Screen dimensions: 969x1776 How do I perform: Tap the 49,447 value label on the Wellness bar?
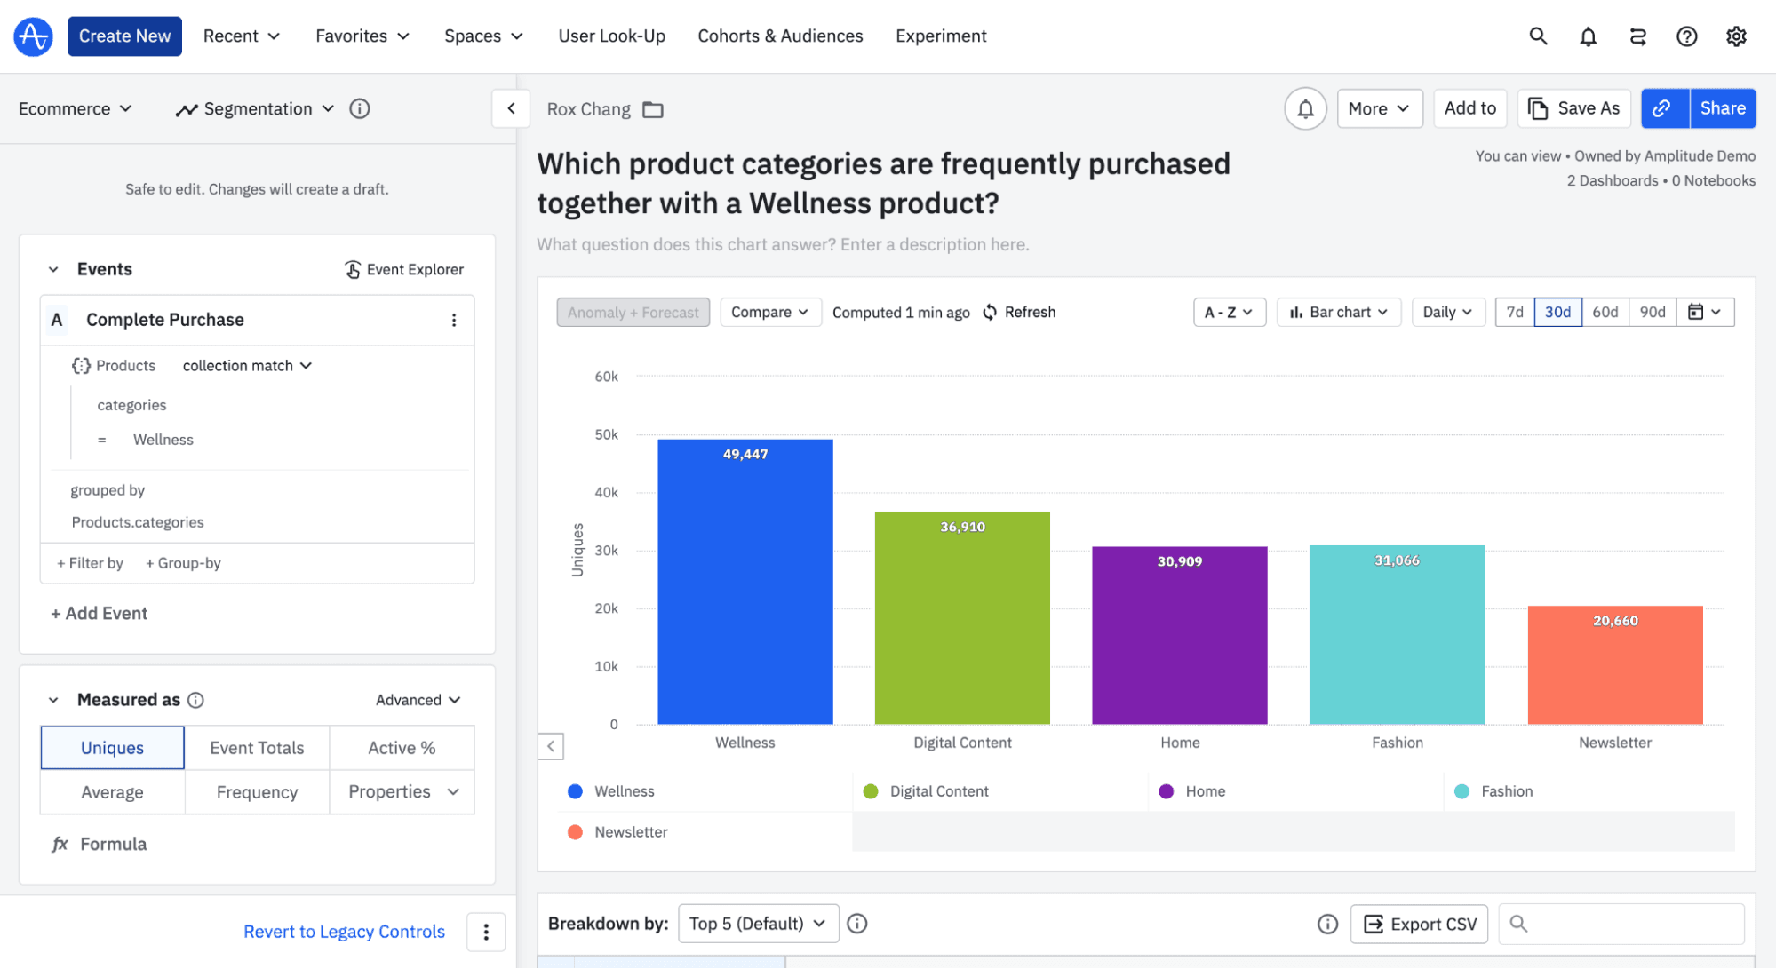745,454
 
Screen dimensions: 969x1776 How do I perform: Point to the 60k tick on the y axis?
606,377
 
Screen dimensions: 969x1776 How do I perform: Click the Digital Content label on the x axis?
962,743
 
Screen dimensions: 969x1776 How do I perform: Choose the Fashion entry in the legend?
1506,791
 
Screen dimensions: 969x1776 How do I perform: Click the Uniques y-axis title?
577,550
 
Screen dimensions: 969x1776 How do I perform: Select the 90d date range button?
1652,312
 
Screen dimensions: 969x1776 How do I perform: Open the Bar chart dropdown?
1338,312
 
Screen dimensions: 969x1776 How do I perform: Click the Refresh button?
1020,312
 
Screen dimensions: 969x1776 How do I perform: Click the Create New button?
124,36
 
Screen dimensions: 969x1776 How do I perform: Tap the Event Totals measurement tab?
257,748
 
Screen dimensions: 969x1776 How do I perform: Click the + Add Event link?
100,613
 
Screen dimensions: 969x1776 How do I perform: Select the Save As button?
1573,108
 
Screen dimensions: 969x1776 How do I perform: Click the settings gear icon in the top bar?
1736,36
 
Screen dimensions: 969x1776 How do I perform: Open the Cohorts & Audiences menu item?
780,36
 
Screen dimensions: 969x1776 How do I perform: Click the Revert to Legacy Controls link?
344,932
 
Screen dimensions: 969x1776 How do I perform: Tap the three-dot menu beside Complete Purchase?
454,320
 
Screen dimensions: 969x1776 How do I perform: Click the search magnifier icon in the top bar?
1538,36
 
